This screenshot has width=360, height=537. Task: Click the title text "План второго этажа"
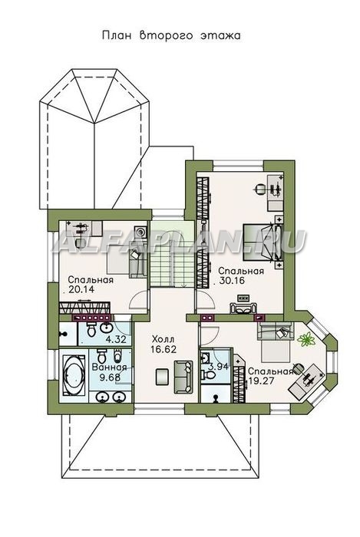pos(172,35)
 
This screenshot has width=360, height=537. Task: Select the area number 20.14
pos(81,289)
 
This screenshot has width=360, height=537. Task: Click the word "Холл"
pos(163,339)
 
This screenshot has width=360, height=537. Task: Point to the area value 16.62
pos(163,349)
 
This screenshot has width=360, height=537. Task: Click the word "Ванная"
pos(109,367)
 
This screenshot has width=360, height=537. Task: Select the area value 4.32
pos(116,339)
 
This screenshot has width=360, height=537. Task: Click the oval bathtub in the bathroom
pos(74,375)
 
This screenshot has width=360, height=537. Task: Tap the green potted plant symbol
pos(306,339)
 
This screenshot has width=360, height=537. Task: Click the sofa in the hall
pos(183,377)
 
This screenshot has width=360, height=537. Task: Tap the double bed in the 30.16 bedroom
pos(263,242)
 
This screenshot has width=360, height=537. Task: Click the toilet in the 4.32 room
pos(91,329)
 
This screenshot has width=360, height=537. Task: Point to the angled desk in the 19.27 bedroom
pos(306,382)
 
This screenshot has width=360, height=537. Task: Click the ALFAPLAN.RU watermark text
pos(179,242)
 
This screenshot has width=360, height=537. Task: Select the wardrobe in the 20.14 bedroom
pos(84,308)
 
